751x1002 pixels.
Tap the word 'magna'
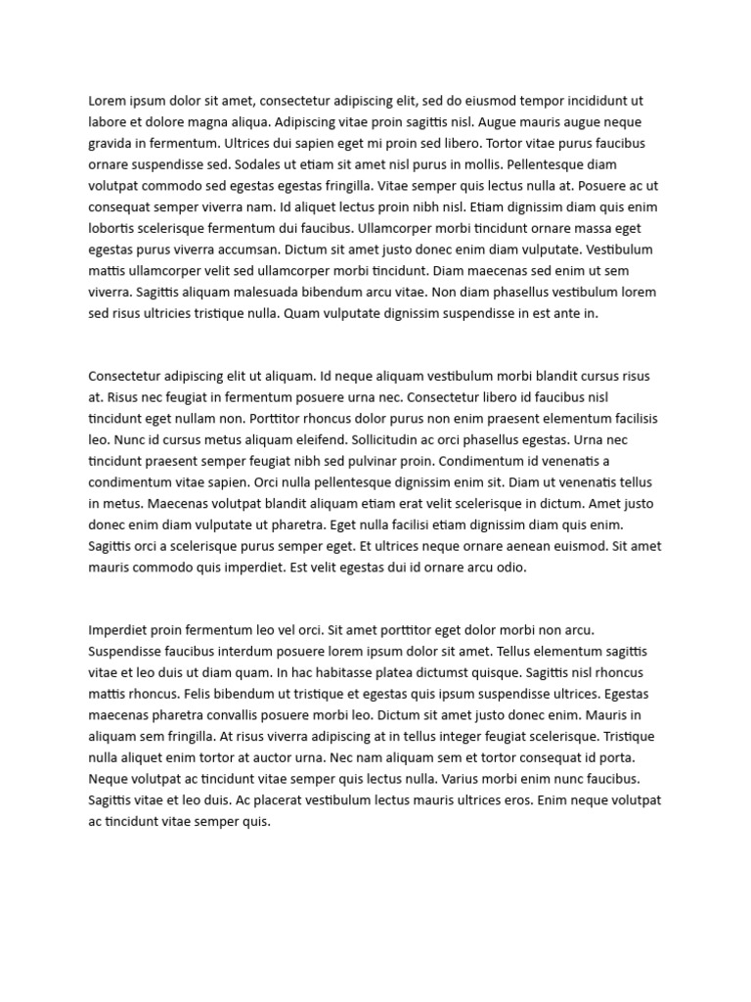tap(206, 121)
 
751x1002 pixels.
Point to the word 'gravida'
tap(111, 143)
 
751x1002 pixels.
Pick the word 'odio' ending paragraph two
tap(511, 568)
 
